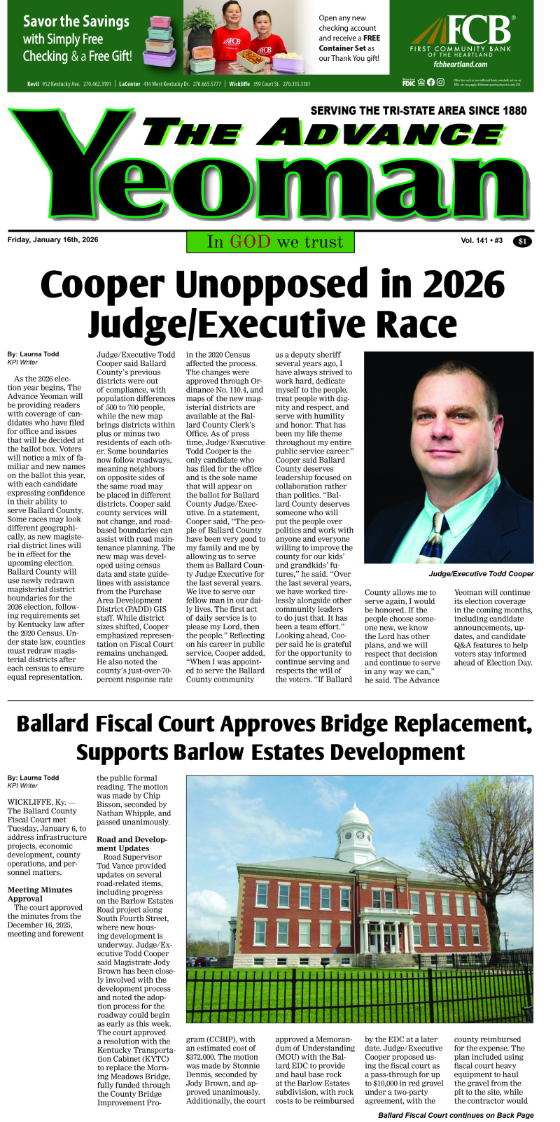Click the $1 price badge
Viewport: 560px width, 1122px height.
coord(522,241)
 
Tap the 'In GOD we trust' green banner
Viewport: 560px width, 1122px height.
coord(270,241)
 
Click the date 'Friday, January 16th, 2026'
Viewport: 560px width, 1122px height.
coord(53,240)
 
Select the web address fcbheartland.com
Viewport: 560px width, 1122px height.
coord(460,64)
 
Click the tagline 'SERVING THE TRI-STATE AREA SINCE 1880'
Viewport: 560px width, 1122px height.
coord(419,111)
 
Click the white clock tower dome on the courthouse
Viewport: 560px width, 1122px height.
coord(356,815)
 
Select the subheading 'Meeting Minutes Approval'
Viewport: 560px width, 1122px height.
coord(39,895)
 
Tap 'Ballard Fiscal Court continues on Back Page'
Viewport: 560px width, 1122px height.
coord(456,1115)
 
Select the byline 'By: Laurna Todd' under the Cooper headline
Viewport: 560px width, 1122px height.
coord(33,354)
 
